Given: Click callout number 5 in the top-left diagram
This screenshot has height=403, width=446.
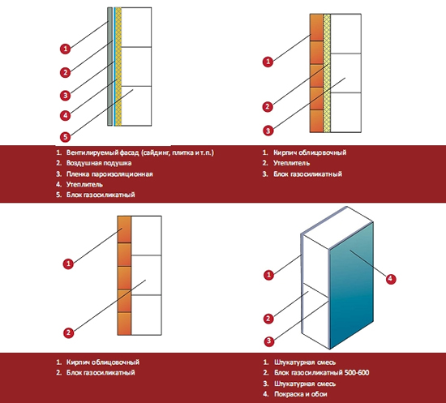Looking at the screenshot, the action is point(65,137).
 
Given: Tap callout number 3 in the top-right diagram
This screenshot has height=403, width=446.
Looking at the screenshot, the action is point(268,131).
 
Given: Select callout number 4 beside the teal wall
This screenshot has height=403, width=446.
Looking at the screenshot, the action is point(391,279).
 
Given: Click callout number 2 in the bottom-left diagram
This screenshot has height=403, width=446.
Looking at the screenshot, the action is point(68,332).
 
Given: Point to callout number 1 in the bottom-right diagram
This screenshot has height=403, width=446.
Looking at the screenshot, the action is point(268,275).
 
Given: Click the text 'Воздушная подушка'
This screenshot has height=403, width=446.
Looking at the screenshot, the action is point(99,163).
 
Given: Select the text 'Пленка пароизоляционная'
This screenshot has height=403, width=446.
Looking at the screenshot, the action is point(109,174).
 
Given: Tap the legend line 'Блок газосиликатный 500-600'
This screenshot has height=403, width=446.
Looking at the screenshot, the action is point(321,372).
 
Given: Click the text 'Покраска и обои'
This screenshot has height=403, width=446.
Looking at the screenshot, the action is point(300,394).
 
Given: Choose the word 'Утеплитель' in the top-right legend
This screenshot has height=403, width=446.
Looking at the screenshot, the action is point(292,163).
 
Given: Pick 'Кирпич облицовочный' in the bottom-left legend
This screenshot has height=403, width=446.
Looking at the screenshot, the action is point(103,362).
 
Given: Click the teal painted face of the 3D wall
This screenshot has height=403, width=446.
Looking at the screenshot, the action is point(352,285).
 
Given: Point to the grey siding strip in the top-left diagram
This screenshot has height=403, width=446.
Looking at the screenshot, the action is point(109,66).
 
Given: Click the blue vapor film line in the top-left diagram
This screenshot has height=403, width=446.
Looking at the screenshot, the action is point(114,66).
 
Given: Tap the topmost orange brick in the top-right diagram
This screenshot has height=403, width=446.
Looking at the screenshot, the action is point(316,28).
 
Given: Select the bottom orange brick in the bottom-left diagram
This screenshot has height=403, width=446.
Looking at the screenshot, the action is point(124,324).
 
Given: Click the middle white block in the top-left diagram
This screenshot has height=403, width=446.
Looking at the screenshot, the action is point(136,66).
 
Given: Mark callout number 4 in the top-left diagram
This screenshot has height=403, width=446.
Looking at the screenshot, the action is point(65,115).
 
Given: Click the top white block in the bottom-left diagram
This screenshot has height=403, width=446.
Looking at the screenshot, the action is point(146,235).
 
